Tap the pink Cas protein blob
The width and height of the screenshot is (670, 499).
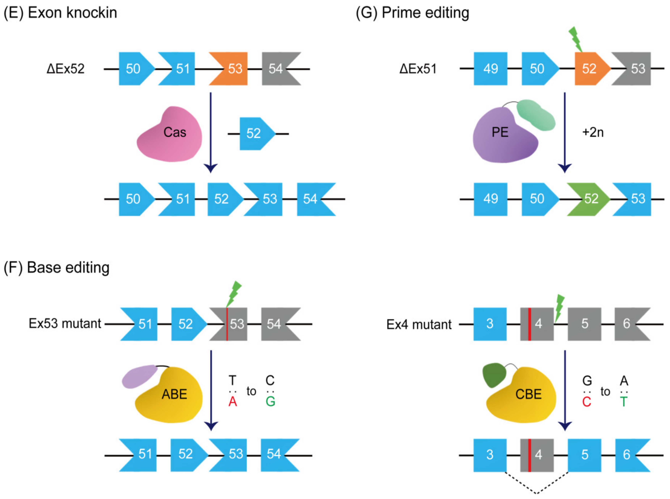[171, 135]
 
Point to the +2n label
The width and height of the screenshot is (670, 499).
[593, 133]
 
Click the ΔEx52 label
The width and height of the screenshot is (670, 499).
[65, 69]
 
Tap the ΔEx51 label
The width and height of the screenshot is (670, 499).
[418, 69]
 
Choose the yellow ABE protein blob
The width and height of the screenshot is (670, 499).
[171, 396]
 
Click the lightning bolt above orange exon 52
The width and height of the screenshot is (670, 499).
[575, 39]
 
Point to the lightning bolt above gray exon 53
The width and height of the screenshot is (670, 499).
[233, 294]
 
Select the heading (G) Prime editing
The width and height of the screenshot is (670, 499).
[412, 13]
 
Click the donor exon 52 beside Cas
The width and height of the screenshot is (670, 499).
[255, 133]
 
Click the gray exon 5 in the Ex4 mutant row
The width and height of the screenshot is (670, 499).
[584, 324]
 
